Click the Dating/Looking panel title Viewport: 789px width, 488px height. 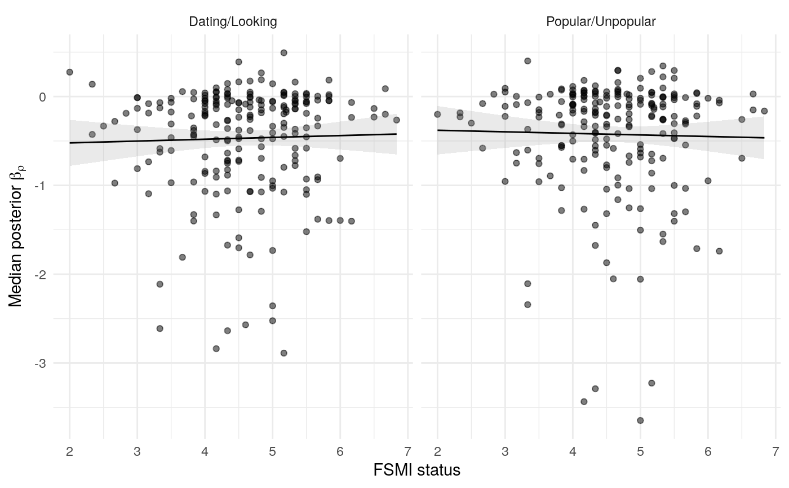(x=233, y=22)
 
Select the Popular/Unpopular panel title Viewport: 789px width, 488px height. (x=601, y=22)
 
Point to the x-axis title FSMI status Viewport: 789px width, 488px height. (x=416, y=470)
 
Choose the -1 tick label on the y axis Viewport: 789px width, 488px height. (x=39, y=186)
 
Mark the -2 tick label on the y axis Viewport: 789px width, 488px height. (x=39, y=275)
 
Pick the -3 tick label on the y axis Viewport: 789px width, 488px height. (x=39, y=363)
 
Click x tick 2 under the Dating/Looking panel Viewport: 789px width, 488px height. (x=70, y=451)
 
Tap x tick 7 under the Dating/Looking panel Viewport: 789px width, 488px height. (x=407, y=451)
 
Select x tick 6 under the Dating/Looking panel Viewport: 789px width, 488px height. (x=340, y=451)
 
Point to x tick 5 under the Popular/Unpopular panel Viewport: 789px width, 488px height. (x=640, y=451)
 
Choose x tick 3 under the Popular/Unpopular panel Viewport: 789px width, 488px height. (x=505, y=451)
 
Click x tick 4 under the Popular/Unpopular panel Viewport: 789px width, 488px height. (x=573, y=451)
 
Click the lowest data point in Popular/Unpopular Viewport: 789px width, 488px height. (x=640, y=420)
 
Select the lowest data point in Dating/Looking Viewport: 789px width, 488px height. (x=283, y=353)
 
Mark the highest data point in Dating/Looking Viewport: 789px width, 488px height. (x=283, y=52)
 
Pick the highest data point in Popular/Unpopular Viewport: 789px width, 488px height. (x=528, y=60)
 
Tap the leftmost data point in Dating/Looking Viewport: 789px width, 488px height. (x=70, y=72)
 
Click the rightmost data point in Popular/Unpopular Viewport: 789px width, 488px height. (x=764, y=111)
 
